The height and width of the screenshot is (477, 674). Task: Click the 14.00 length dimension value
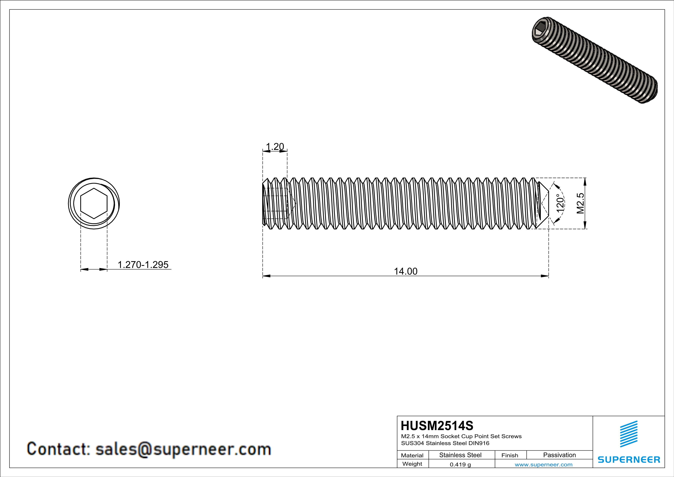tap(405, 271)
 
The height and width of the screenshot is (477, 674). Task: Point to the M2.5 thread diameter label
tap(580, 203)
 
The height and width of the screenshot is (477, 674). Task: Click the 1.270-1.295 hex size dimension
tap(143, 265)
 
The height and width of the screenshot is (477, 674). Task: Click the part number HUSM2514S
tap(437, 426)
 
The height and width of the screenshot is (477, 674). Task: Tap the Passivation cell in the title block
tap(559, 455)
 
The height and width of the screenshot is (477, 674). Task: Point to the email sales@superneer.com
tap(183, 449)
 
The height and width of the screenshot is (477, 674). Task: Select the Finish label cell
tap(510, 455)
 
